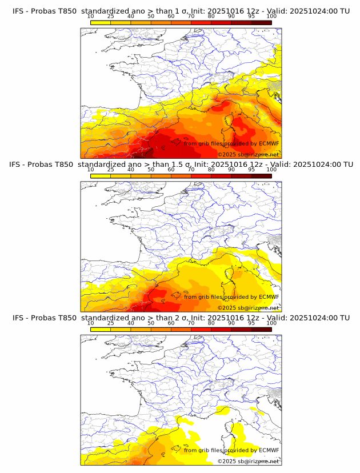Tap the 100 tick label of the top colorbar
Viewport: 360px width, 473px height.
pos(271,16)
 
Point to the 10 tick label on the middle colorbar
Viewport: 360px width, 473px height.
pos(90,170)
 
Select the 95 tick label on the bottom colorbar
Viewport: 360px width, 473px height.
pos(251,323)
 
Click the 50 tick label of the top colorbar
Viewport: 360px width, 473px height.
pos(151,16)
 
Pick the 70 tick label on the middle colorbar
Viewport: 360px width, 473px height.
pos(191,170)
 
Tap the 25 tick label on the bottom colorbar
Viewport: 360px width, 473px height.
pos(110,323)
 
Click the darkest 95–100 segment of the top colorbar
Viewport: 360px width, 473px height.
pos(261,22)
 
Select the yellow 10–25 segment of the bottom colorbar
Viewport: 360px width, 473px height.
pos(101,330)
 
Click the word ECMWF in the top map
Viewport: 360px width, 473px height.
pos(269,143)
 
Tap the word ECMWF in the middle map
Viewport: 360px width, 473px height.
pos(269,296)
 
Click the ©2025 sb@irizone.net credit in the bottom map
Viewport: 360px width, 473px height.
pos(248,461)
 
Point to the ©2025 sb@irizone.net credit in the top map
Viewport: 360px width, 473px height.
pos(248,154)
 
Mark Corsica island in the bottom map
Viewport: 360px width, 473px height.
pos(233,430)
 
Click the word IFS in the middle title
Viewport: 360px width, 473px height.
pos(18,164)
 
